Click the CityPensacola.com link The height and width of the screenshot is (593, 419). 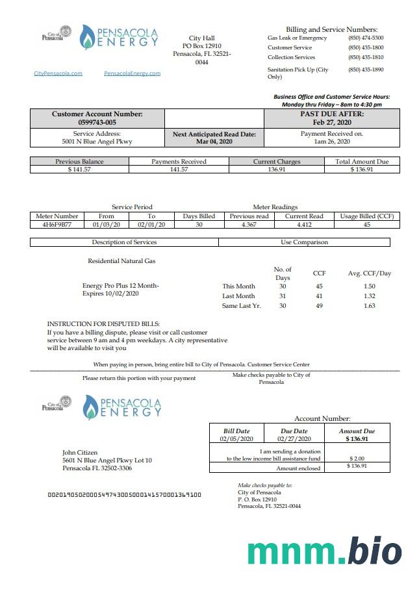coord(58,73)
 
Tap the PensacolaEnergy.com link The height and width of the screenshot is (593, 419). coord(132,73)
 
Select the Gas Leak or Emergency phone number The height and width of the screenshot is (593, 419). coord(365,38)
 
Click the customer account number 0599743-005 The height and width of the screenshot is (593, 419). coord(97,122)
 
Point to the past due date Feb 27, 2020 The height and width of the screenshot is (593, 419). coord(331,122)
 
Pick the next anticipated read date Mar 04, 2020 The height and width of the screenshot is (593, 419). coord(214,141)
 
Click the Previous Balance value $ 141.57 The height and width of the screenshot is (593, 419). coord(79,170)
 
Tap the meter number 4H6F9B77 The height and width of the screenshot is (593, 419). coord(57,225)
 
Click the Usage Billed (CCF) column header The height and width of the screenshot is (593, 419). coord(366,216)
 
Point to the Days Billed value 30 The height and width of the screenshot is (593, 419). coord(199,225)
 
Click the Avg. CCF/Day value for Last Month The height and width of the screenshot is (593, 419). coord(369,296)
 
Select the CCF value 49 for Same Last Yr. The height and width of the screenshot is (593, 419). coord(319,306)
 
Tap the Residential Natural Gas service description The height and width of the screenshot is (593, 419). coord(121,261)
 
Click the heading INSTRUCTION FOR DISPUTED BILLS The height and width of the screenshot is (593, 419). coord(103,323)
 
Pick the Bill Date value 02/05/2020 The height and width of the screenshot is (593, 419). coord(236,439)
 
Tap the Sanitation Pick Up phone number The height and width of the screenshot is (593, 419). coord(365,69)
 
